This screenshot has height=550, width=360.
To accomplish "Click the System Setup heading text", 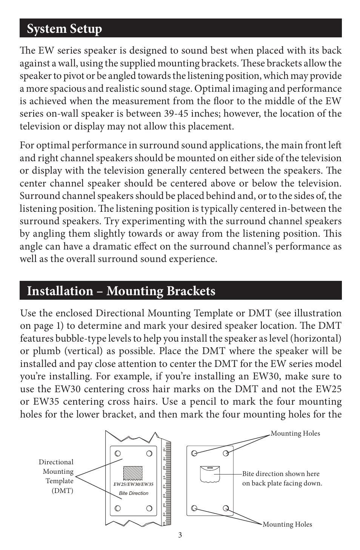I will tap(64, 29).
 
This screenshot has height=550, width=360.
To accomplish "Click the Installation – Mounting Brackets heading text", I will tap(121, 291).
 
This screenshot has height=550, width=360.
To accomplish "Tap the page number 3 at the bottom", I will tap(180, 535).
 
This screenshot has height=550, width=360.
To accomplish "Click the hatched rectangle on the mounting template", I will tap(133, 473).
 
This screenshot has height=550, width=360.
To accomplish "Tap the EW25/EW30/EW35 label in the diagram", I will tap(133, 484).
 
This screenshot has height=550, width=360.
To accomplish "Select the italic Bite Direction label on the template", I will tap(134, 493).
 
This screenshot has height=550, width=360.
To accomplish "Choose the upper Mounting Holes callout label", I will tap(295, 433).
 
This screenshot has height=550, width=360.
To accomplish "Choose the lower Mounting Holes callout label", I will tap(287, 524).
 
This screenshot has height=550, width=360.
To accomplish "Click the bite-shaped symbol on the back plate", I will tap(210, 474).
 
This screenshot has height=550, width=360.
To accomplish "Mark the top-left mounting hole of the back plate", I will tap(194, 453).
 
